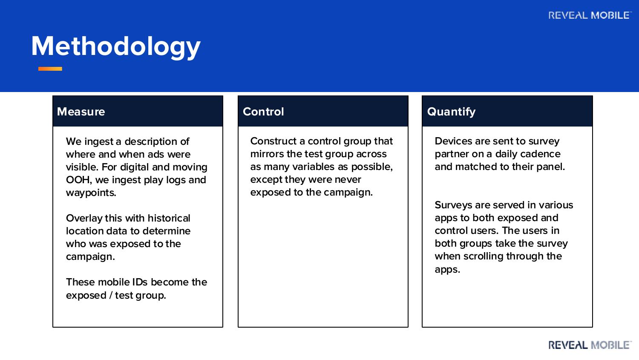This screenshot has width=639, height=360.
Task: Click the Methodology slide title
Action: (116, 46)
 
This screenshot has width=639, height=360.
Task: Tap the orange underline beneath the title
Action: (50, 69)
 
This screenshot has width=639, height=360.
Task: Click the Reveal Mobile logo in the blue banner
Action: (590, 15)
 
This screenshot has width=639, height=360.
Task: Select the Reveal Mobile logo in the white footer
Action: (590, 345)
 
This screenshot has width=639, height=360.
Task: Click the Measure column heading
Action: (81, 112)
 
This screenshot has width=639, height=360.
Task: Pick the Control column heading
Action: (263, 112)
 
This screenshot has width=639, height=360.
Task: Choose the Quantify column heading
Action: (451, 112)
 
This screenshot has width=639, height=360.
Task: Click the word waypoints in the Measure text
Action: (91, 193)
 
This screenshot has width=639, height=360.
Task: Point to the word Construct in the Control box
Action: (273, 141)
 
